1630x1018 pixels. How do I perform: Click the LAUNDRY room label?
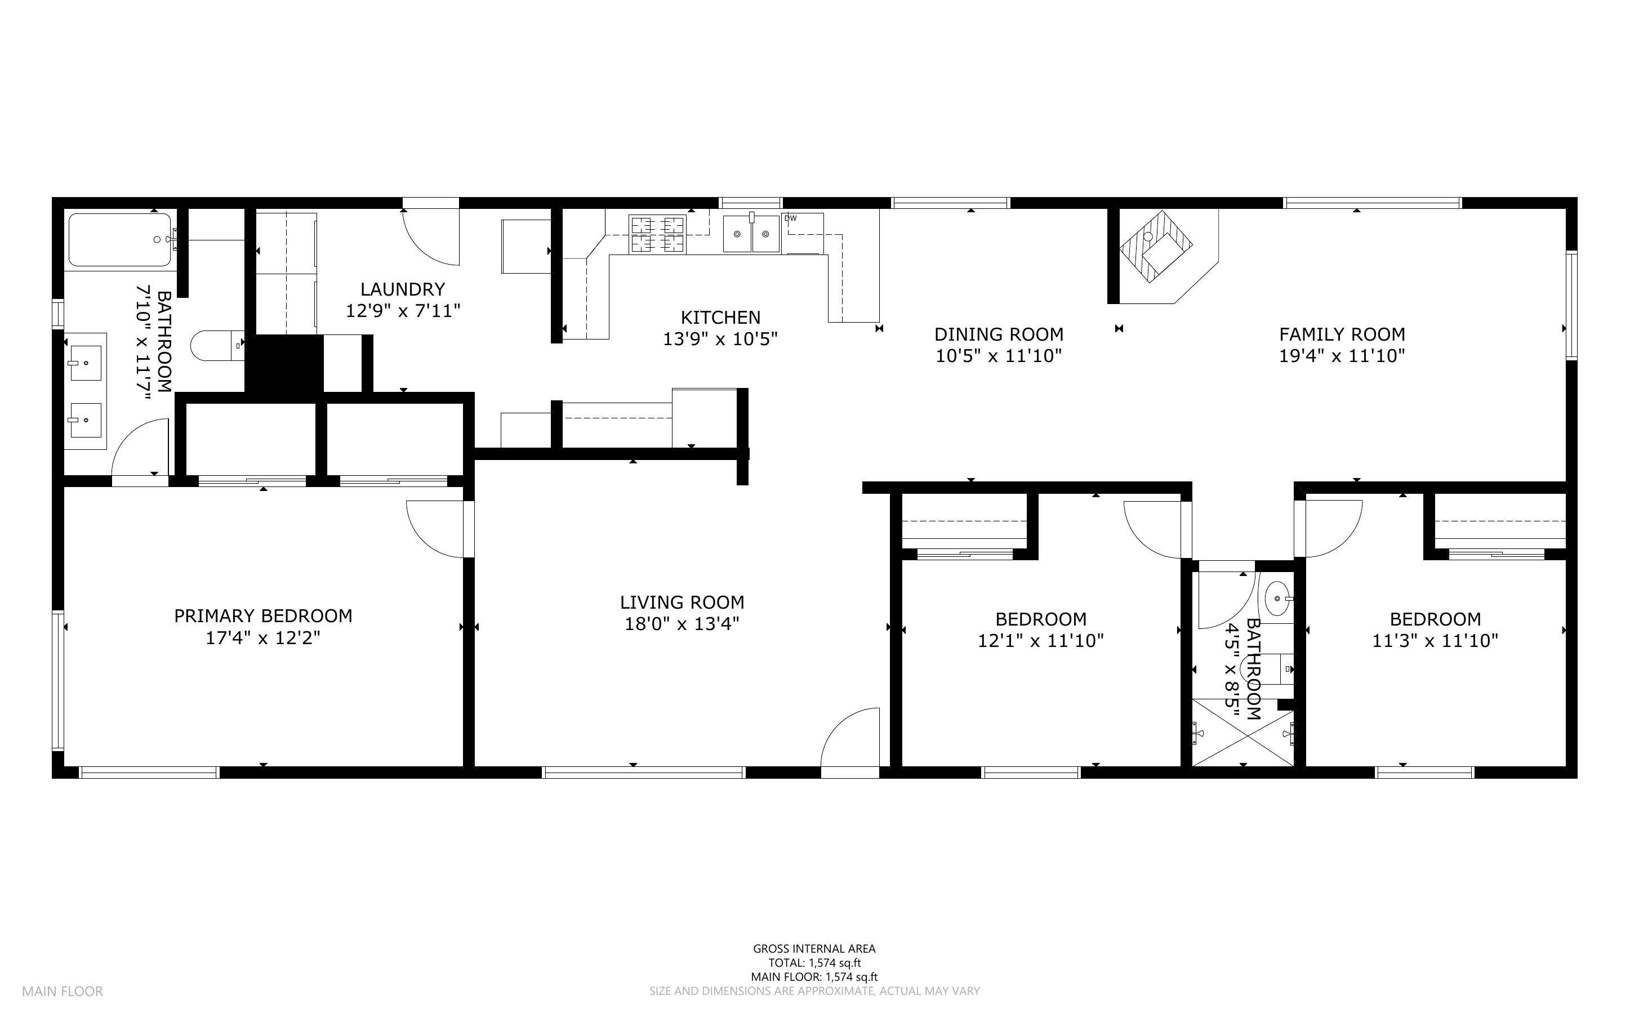[403, 289]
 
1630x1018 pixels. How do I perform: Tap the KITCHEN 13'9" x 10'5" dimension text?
[720, 338]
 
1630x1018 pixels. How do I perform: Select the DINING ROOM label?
[999, 334]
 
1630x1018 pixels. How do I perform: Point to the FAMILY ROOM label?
[1341, 334]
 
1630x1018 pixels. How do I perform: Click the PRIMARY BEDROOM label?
[263, 615]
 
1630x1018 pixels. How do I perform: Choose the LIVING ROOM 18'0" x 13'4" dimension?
[682, 624]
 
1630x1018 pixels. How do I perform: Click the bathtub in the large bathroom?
[120, 240]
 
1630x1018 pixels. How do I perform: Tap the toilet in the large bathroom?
[216, 345]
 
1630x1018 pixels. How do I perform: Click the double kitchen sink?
[751, 234]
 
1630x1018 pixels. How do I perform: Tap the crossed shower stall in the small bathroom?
[1243, 733]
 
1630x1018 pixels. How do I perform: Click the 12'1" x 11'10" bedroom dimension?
[1040, 640]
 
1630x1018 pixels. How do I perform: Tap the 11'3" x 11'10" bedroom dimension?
[1435, 640]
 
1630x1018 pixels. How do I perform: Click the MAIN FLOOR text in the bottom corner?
[63, 991]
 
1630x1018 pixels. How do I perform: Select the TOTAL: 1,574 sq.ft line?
[814, 963]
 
